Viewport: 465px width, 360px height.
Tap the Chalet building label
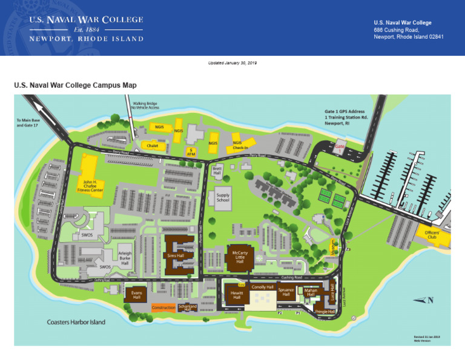[x=152, y=145]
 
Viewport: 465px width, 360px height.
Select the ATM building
[x=191, y=151]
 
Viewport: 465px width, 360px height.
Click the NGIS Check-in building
[x=240, y=144]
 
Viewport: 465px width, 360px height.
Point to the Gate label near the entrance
[x=340, y=147]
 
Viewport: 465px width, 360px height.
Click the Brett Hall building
[x=217, y=172]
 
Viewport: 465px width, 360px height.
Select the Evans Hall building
[x=136, y=295]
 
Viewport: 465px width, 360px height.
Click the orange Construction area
[x=163, y=308]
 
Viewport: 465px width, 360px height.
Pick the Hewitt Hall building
[x=236, y=296]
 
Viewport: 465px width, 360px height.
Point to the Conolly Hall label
[x=263, y=287]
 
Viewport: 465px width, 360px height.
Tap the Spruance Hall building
[x=286, y=292]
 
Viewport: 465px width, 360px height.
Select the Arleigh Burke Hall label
[x=125, y=258]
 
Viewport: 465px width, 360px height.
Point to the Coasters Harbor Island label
[x=76, y=322]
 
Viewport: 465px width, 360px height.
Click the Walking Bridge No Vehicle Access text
[x=146, y=105]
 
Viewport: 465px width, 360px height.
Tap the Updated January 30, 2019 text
[x=232, y=63]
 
